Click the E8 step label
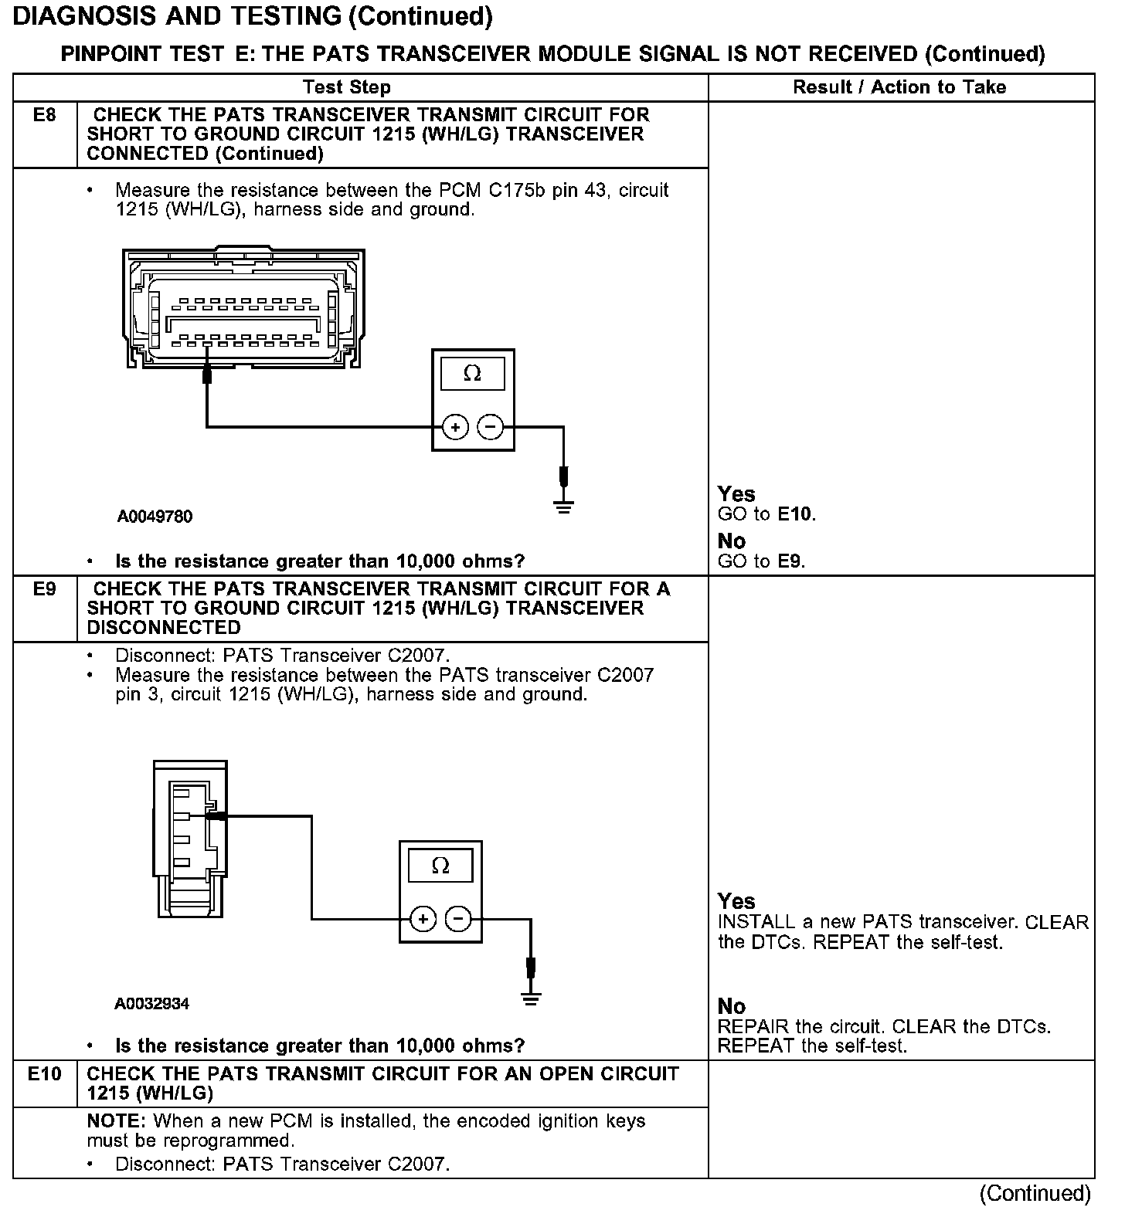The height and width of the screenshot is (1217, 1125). tap(45, 116)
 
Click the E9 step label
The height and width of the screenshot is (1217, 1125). tap(45, 590)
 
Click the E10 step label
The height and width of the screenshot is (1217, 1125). tap(45, 1074)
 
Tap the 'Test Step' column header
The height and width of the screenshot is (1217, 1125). tap(347, 87)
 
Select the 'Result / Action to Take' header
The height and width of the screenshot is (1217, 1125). tap(899, 87)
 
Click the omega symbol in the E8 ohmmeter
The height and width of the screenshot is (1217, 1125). tap(472, 375)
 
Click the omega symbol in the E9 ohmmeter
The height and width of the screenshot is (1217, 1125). tap(440, 866)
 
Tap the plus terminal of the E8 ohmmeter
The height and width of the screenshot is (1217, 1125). tap(456, 426)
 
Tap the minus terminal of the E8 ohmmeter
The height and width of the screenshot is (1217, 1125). tap(490, 426)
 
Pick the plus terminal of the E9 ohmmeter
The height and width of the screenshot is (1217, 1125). tap(423, 919)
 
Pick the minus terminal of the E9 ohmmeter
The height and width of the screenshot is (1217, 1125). tap(458, 919)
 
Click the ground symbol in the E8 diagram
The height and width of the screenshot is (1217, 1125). tap(564, 507)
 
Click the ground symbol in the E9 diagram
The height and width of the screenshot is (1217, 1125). tap(530, 999)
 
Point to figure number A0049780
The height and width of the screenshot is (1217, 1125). tap(155, 517)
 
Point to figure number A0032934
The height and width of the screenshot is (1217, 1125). tap(151, 1004)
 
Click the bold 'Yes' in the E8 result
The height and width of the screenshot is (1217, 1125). tap(736, 494)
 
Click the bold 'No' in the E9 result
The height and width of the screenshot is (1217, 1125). tap(732, 1006)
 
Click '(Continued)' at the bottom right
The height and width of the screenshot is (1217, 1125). tap(1035, 1194)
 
